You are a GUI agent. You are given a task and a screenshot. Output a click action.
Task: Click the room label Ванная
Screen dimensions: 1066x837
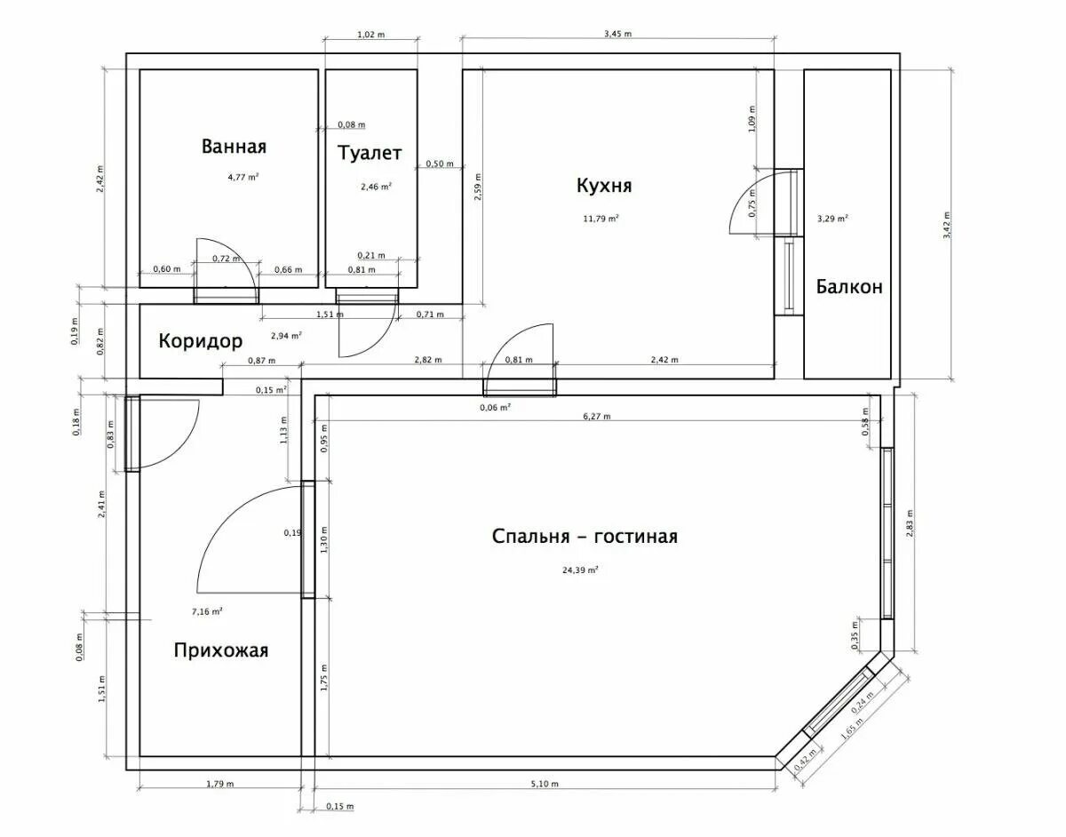234,147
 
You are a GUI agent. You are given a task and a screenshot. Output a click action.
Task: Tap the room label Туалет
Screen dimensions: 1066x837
370,153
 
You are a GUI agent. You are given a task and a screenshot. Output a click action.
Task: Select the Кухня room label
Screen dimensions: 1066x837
604,186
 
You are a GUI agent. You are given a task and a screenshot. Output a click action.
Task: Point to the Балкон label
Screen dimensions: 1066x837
849,286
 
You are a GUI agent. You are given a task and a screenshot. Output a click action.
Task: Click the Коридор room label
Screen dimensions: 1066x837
200,341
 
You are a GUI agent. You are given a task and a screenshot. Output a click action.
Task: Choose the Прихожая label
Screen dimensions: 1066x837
221,650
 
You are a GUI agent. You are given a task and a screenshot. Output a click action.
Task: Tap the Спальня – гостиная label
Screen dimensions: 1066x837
585,537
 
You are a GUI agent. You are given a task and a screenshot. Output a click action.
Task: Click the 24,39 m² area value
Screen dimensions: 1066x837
580,570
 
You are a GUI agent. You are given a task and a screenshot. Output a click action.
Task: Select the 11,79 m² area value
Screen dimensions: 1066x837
601,219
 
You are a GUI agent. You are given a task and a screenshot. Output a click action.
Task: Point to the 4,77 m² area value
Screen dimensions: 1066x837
243,177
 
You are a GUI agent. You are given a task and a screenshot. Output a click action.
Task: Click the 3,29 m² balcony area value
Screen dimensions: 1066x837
832,219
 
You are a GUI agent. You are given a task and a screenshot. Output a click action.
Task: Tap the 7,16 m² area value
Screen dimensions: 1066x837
207,612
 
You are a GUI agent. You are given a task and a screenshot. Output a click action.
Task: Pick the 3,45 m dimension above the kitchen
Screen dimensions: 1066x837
617,34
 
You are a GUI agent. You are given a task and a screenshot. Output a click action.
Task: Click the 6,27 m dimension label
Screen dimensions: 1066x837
597,417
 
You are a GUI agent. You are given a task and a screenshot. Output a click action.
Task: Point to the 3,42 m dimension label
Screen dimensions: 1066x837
946,225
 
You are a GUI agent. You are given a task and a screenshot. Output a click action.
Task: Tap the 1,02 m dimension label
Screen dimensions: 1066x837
370,35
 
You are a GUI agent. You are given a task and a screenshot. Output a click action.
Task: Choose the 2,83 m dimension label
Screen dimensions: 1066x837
910,523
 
